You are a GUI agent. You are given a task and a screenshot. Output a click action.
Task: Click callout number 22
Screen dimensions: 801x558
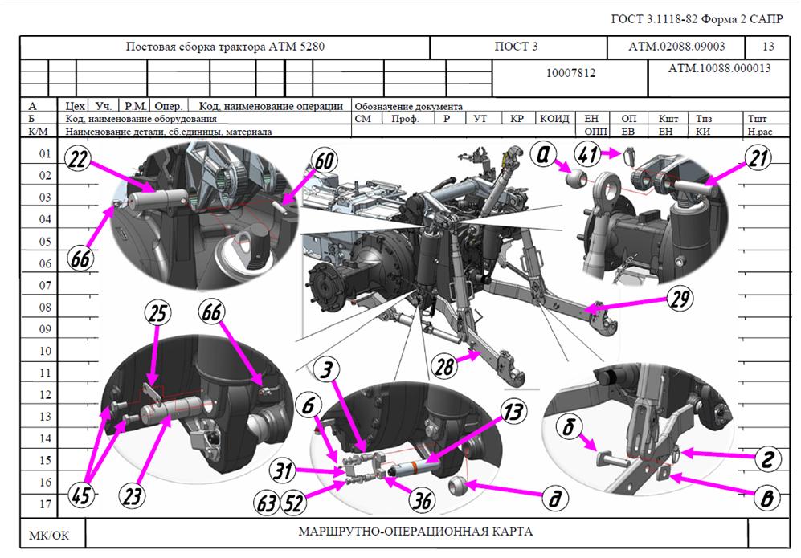(x=78, y=159)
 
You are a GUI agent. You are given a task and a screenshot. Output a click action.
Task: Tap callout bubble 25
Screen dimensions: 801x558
(x=157, y=312)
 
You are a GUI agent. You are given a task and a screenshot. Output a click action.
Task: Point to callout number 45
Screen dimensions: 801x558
(x=81, y=495)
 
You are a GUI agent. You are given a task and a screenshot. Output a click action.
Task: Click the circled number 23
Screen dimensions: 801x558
(x=132, y=495)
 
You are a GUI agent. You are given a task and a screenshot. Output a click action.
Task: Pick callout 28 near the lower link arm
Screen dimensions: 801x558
(x=444, y=366)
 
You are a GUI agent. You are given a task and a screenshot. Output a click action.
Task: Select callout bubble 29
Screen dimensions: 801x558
(x=680, y=299)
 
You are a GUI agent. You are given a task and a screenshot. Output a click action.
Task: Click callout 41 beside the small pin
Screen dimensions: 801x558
(x=587, y=153)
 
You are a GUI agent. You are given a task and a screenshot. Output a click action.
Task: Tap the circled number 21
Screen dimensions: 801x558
(x=758, y=158)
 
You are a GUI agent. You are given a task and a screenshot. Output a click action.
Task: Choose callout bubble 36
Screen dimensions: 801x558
(x=422, y=500)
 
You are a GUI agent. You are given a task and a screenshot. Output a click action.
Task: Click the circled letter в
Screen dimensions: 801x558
(x=767, y=498)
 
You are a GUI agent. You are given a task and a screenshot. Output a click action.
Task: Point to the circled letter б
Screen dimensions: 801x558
(x=569, y=426)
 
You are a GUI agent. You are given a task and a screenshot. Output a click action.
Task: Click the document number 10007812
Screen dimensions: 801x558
(x=570, y=73)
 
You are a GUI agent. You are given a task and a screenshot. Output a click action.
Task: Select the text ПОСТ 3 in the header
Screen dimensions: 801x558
(x=516, y=47)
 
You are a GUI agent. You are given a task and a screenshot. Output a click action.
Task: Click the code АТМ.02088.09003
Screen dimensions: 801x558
(x=676, y=47)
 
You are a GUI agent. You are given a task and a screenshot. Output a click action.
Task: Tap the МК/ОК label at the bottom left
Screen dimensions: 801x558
(x=49, y=536)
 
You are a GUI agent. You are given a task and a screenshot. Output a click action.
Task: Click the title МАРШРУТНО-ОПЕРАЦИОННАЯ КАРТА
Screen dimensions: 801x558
(x=415, y=532)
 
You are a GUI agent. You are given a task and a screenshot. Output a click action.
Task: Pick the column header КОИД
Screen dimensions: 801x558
(x=555, y=119)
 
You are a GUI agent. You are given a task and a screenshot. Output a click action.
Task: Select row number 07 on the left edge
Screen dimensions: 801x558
(x=46, y=285)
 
